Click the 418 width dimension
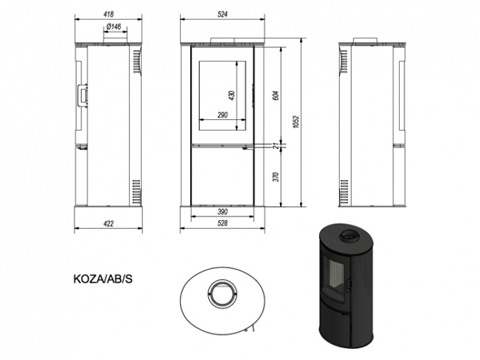point(109,14)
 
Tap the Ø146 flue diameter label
point(114,27)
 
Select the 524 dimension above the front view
point(223,14)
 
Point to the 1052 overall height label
point(296,121)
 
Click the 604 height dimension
point(276,96)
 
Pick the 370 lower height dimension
point(276,177)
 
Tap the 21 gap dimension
point(278,146)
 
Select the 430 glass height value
point(232,95)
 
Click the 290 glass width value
point(223,115)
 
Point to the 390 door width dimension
point(223,212)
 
